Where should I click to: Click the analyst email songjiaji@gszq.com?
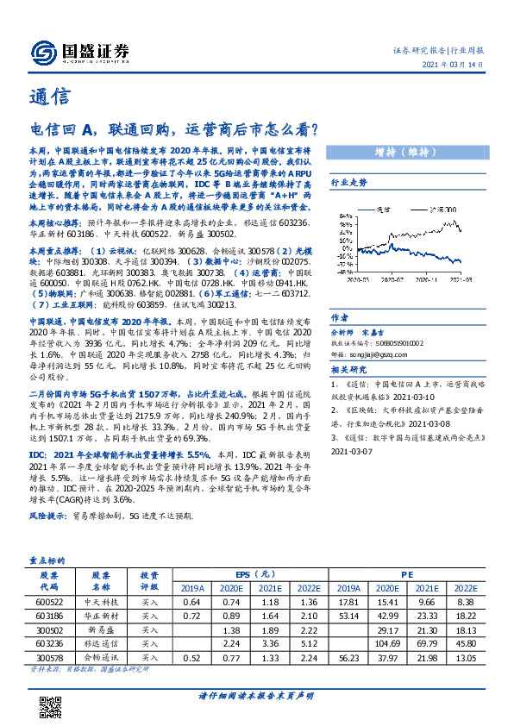pos(376,352)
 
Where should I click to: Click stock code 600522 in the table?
pos(48,601)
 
